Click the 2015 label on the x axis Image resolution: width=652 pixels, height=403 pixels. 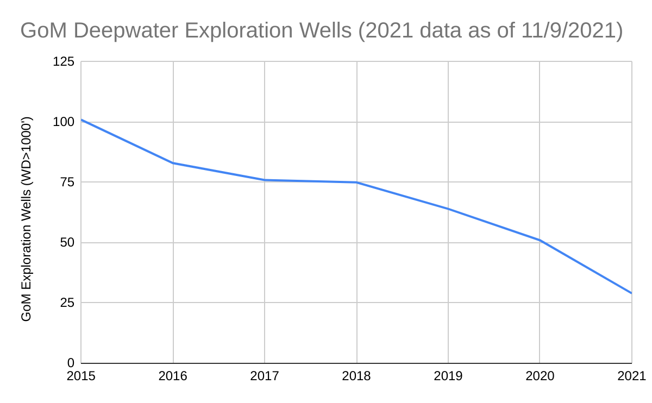81,376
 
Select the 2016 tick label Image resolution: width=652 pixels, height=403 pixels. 173,376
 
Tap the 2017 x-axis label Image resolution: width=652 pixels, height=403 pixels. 265,376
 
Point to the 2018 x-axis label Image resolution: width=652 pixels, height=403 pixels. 356,376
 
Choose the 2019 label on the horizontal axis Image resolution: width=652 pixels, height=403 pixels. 448,376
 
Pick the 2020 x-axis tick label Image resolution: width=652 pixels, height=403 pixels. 540,376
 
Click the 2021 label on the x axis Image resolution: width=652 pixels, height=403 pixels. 631,376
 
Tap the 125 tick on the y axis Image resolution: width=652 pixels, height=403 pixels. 64,62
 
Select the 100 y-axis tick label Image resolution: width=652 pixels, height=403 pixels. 64,122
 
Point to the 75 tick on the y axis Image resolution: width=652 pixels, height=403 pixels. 67,182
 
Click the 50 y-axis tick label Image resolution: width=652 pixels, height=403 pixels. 67,243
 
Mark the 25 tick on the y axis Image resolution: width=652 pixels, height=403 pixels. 67,303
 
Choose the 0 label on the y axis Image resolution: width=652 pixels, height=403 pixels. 71,363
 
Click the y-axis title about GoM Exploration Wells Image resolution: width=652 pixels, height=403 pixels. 27,218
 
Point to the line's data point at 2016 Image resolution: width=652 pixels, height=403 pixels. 173,163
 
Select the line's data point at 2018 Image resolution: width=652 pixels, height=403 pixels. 356,182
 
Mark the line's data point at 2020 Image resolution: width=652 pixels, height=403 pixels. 540,240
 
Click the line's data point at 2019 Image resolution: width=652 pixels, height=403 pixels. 448,209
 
